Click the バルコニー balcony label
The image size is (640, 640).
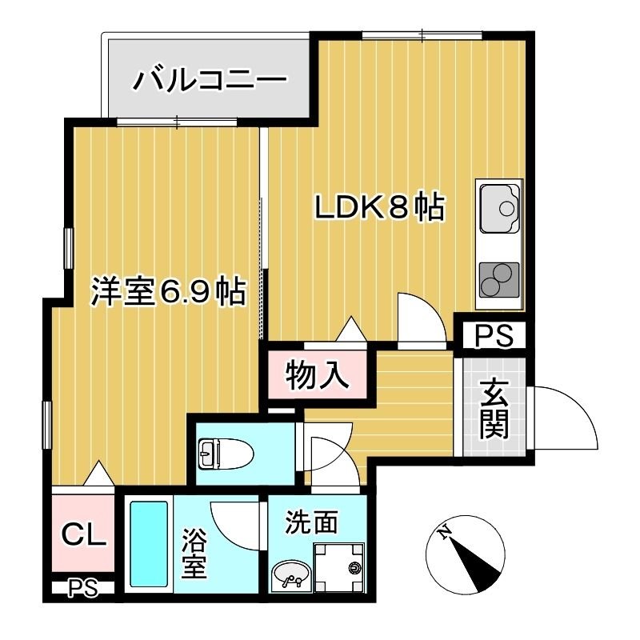tap(210, 80)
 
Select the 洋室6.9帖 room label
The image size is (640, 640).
tap(166, 293)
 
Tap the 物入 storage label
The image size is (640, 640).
tap(318, 375)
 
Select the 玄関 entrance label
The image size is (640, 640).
tap(494, 410)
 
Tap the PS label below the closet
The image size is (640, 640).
tap(82, 590)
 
